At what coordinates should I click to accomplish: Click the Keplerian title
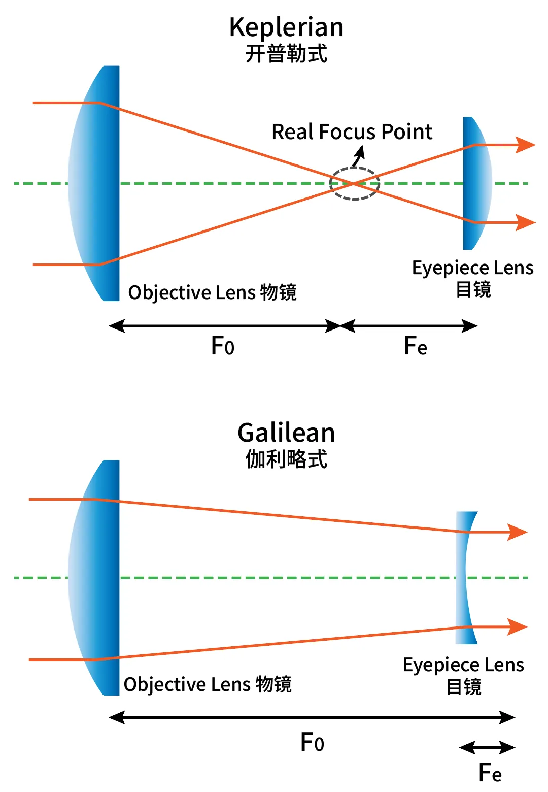click(x=286, y=27)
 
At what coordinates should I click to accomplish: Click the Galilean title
click(x=286, y=433)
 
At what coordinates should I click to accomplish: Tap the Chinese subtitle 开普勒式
click(x=286, y=54)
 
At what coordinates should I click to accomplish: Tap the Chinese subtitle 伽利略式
click(x=286, y=459)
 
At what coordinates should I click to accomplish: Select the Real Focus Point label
click(x=352, y=132)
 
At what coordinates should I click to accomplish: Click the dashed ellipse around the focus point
click(x=354, y=168)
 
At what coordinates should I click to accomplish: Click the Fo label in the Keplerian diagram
click(x=223, y=345)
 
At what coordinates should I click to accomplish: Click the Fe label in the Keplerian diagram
click(x=416, y=345)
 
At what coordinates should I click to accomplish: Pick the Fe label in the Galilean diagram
click(x=490, y=772)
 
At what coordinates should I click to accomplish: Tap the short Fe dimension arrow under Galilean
click(x=487, y=748)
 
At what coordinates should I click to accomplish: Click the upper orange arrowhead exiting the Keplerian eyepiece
click(x=525, y=145)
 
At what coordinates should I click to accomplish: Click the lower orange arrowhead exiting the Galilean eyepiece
click(x=517, y=627)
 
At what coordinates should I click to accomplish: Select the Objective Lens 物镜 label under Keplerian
click(x=212, y=293)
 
